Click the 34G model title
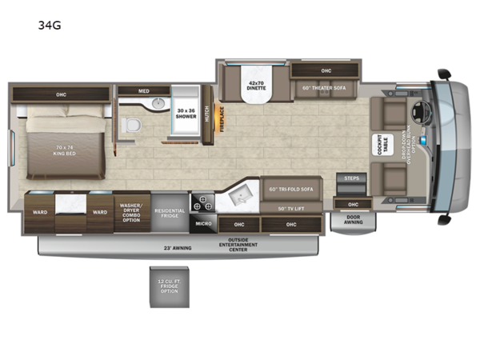pyautogui.click(x=49, y=25)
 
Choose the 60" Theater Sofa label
pyautogui.click(x=326, y=88)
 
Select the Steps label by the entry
pyautogui.click(x=351, y=178)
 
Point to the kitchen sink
pyautogui.click(x=239, y=195)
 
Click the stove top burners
pyautogui.click(x=202, y=202)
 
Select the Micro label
pyautogui.click(x=203, y=224)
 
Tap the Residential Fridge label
pyautogui.click(x=170, y=214)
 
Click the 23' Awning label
pyautogui.click(x=178, y=248)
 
